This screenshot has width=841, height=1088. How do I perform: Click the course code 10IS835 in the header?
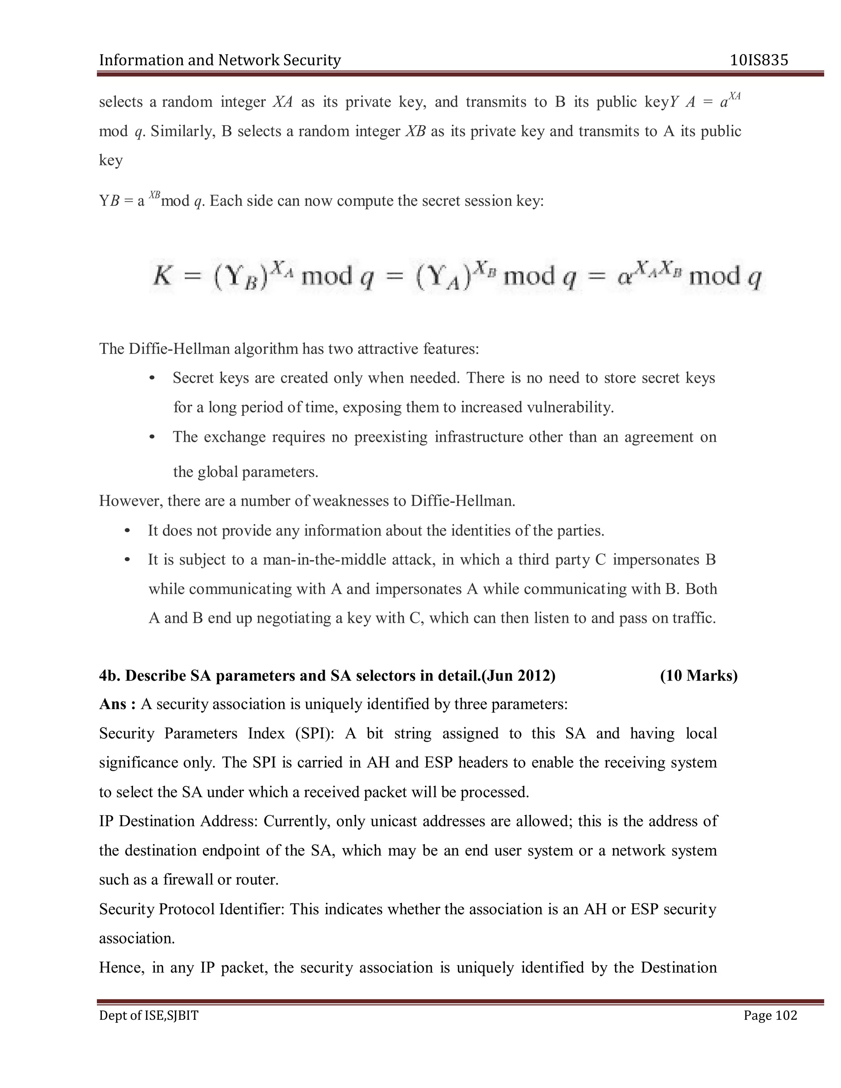[x=759, y=60]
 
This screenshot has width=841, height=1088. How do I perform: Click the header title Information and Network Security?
[x=220, y=60]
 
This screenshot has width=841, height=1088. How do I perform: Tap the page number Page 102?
[x=770, y=1015]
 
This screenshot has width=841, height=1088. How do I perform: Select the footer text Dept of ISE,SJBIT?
[x=149, y=1015]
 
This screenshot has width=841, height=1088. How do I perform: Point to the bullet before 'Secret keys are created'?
[x=152, y=378]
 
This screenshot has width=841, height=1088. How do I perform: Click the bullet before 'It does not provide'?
[x=128, y=530]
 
